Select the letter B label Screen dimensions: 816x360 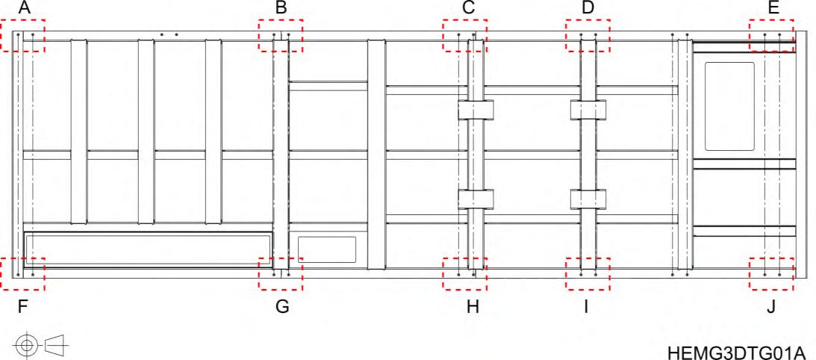point(281,8)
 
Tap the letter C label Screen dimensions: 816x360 point(468,8)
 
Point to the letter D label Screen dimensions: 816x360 point(588,8)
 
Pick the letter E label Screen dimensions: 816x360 point(773,8)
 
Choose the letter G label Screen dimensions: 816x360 point(281,307)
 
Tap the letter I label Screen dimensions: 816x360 point(587,307)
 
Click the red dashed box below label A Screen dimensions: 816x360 point(22,35)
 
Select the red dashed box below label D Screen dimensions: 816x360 point(588,35)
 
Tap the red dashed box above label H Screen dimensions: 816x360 point(464,273)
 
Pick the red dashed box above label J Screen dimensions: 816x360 point(772,273)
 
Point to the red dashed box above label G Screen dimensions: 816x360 point(281,273)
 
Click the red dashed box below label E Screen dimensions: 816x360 point(772,35)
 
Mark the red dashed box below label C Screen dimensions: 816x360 point(464,35)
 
